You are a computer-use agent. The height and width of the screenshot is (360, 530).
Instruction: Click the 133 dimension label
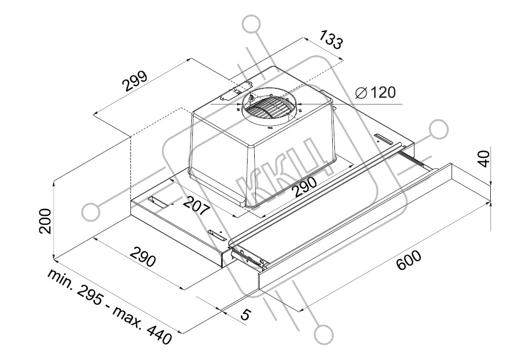[331, 39]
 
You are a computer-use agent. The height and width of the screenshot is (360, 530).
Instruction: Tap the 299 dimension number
[134, 81]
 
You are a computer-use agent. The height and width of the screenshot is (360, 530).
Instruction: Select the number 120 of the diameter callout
[382, 92]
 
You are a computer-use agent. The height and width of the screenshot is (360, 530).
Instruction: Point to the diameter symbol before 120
[361, 93]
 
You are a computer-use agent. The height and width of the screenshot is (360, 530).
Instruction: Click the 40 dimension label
[484, 158]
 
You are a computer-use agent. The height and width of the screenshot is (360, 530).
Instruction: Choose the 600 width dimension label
[408, 260]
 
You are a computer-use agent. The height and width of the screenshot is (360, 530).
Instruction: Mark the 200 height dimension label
[45, 221]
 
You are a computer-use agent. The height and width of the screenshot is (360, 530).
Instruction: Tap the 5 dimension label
[245, 314]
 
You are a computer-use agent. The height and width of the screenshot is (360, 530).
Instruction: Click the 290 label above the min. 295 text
[143, 257]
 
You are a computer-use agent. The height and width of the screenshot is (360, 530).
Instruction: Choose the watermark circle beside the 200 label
[91, 212]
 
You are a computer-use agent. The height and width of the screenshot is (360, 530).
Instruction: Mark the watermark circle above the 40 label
[439, 129]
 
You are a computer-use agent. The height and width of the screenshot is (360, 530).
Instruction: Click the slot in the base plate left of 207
[158, 202]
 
